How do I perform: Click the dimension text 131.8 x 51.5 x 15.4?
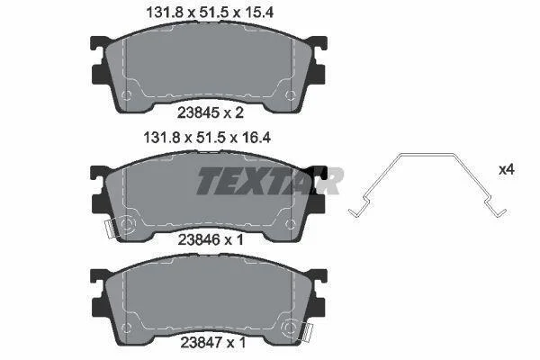point(210,13)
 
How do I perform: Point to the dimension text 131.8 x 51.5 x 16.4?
point(207,138)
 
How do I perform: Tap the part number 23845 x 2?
point(211,112)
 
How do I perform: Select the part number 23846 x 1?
point(211,239)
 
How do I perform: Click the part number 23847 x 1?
point(213,342)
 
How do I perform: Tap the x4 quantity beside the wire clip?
point(507,170)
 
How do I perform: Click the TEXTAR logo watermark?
point(270,181)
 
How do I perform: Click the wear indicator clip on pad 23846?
point(110,229)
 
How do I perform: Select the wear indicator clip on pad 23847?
point(308,333)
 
